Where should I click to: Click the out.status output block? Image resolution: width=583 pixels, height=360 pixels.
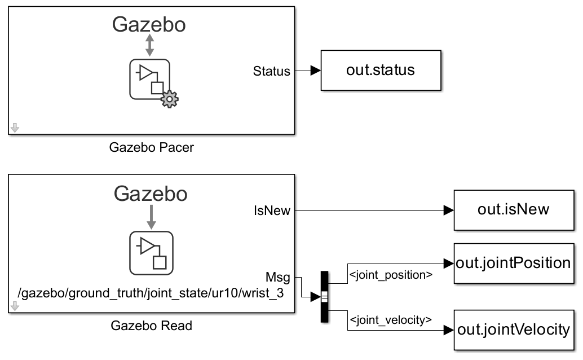(381, 71)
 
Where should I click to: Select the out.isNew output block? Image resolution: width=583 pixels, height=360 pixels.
(513, 210)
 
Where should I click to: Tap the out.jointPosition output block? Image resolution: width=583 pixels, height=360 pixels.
(513, 264)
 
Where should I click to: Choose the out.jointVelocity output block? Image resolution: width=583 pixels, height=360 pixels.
(513, 330)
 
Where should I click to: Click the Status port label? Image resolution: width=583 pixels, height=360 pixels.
(272, 71)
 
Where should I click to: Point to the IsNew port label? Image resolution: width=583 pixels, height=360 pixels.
(272, 210)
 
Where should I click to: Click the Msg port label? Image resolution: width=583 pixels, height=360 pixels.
(278, 277)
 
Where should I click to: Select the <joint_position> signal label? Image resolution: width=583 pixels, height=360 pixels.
(391, 275)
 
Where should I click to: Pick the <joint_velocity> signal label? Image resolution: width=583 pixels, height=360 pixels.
(391, 320)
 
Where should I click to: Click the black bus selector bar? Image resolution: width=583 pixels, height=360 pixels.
(324, 297)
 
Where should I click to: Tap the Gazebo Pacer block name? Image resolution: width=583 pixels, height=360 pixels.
(151, 148)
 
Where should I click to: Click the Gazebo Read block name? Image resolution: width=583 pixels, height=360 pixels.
(151, 326)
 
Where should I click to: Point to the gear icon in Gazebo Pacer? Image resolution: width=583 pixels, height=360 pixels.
(169, 100)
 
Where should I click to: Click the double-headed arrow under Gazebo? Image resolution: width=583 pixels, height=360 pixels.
(149, 45)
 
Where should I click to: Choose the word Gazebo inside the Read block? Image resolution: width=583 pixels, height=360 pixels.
(151, 194)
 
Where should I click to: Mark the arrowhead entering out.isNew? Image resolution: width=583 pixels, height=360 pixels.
(448, 210)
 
